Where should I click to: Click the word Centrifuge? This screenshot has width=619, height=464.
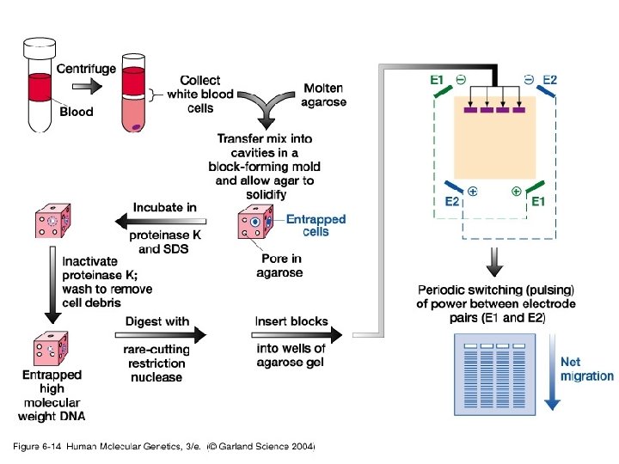coord(86,69)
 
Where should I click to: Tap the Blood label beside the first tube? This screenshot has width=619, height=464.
coord(76,111)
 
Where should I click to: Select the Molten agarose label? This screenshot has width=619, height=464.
coord(323,95)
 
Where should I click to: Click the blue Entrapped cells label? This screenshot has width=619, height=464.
coord(316,225)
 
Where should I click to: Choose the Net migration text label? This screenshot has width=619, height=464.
coord(586,369)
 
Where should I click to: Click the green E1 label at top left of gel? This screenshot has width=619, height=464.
coord(438,80)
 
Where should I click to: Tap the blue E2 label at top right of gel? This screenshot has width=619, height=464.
coord(549,80)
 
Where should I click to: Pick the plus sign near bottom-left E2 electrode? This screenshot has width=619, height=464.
coord(473,191)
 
